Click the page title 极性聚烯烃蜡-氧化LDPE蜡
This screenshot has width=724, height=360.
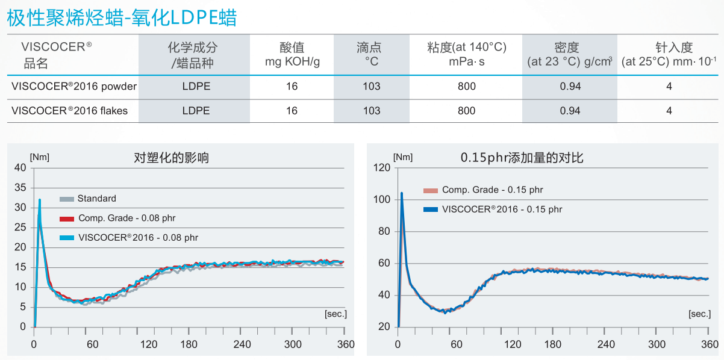coord(121,17)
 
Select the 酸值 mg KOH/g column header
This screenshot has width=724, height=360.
coord(292,54)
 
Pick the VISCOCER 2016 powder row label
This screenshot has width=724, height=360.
coord(74,87)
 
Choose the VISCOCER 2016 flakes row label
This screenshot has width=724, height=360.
coord(70,111)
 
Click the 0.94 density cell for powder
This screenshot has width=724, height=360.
coord(570,87)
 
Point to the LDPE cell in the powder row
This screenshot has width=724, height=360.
coord(196,87)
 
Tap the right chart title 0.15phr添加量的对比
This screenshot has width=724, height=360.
coord(522,158)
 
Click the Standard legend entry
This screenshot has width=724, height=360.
coord(96,199)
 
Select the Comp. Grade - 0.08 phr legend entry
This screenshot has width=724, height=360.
coord(126,218)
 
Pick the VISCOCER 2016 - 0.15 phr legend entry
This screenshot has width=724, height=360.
coord(501,209)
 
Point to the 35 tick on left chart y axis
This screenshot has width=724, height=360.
coord(20,188)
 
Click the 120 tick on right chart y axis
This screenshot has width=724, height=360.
coord(382,167)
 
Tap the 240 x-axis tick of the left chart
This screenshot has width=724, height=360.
coord(242,344)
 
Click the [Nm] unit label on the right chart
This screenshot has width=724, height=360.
coord(403,157)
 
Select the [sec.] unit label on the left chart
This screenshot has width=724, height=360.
coord(335,314)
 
